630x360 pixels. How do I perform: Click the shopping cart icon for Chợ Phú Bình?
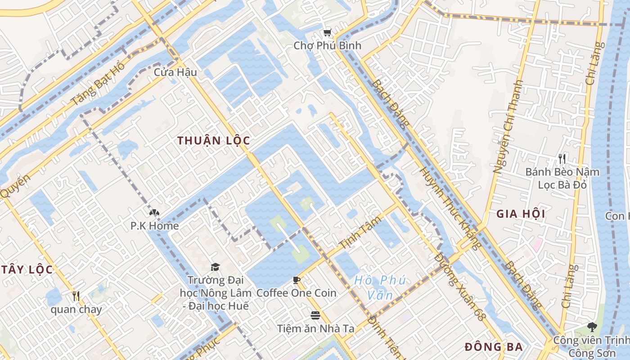click(327, 32)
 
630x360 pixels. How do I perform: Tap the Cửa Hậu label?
click(175, 72)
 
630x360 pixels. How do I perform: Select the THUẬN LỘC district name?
click(213, 140)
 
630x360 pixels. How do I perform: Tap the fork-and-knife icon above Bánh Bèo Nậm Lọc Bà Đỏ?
click(562, 158)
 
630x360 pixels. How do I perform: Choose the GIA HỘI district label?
click(521, 214)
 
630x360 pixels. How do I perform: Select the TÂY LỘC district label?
click(27, 270)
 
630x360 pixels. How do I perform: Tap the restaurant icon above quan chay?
click(76, 296)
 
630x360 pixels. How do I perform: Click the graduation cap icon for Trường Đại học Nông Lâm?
click(215, 267)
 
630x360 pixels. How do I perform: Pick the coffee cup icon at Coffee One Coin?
click(297, 280)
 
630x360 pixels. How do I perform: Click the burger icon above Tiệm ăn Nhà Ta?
click(315, 315)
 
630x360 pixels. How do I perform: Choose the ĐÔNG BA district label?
click(494, 347)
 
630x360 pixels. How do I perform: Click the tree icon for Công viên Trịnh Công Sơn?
click(591, 327)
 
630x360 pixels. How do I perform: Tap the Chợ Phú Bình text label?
click(327, 46)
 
